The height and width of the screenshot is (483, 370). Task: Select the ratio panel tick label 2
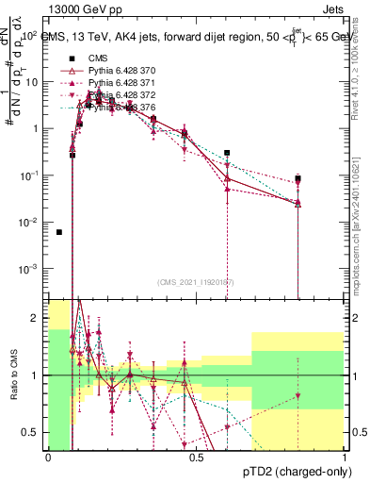[x=37, y=319]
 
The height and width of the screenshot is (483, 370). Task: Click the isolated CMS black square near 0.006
[x=59, y=232]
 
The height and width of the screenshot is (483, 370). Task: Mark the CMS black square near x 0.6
[x=227, y=153]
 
